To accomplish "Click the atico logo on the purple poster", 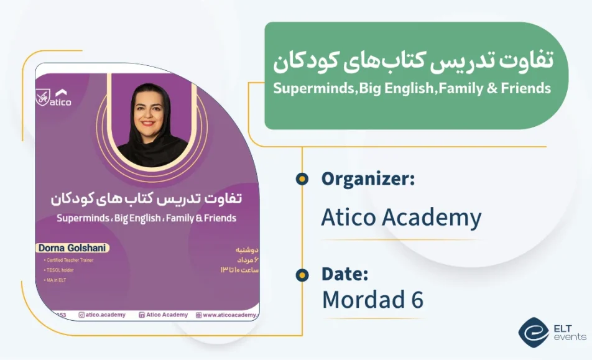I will tap(53, 97).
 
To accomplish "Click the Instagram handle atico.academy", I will tap(102, 315).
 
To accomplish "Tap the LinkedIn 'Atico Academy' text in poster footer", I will tap(163, 315).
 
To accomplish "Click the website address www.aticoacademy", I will tap(227, 315).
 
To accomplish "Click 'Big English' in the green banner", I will tap(397, 88).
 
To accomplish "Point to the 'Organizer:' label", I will tap(368, 179).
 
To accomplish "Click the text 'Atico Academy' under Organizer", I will tap(401, 217).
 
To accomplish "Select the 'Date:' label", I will tap(345, 274).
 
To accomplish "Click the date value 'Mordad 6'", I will tap(372, 300).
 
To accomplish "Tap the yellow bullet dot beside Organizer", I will tap(302, 180).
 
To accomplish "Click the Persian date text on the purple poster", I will tap(240, 259).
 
